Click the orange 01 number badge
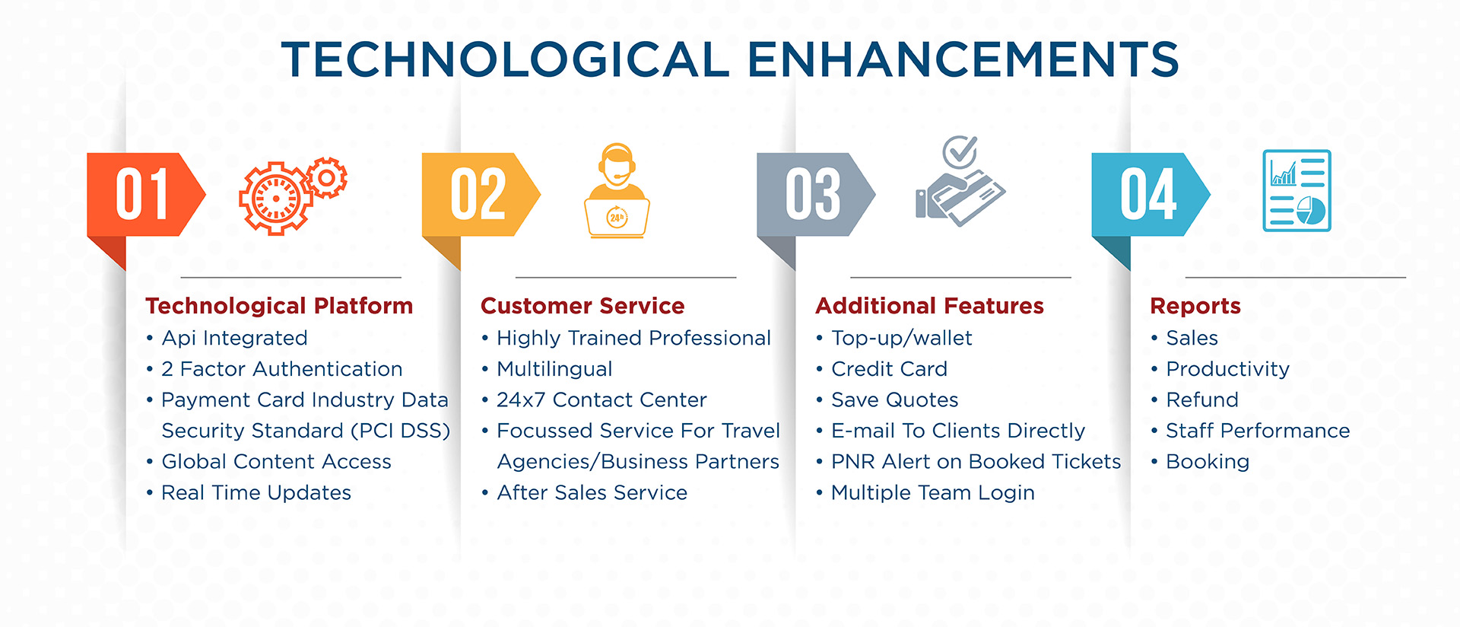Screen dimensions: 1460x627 click(144, 194)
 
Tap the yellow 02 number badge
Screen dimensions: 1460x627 click(480, 194)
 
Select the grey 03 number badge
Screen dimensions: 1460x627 click(814, 194)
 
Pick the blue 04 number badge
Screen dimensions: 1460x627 click(1150, 194)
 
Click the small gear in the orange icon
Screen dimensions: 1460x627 click(327, 178)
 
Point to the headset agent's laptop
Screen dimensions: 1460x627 click(617, 218)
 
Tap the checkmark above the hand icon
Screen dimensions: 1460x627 click(960, 151)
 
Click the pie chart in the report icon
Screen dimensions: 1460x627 click(1311, 210)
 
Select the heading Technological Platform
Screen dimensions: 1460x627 click(279, 306)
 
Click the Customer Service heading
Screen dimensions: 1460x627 click(582, 306)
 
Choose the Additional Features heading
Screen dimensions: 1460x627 click(929, 306)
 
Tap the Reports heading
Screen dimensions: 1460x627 click(1195, 307)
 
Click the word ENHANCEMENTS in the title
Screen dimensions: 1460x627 click(963, 59)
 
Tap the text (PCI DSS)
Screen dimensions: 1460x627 click(401, 431)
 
